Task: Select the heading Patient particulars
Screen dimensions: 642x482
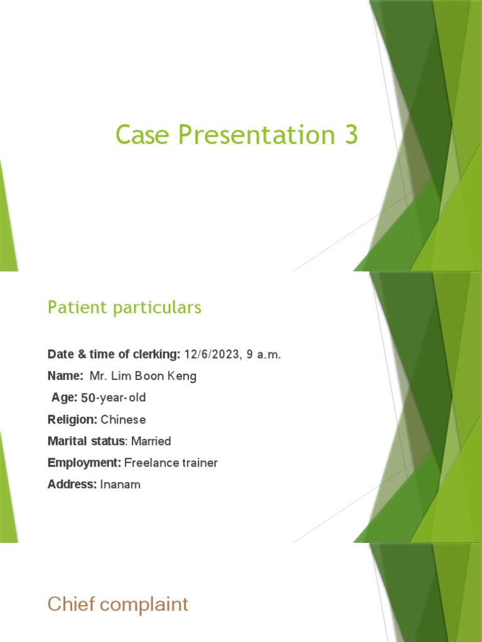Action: tap(124, 308)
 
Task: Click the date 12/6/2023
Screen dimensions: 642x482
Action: tap(211, 355)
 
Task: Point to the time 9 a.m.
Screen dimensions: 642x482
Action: tap(264, 355)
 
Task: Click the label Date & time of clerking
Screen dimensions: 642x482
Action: tap(114, 355)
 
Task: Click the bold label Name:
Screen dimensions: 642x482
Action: tap(65, 376)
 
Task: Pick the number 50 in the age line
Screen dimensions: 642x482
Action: tap(88, 398)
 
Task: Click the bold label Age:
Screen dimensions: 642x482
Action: tap(65, 398)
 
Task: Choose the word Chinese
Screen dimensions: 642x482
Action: tap(123, 419)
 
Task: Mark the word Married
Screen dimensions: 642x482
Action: tap(151, 441)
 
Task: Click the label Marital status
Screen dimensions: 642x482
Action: tap(86, 441)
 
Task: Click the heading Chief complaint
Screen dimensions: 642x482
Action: tap(117, 604)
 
